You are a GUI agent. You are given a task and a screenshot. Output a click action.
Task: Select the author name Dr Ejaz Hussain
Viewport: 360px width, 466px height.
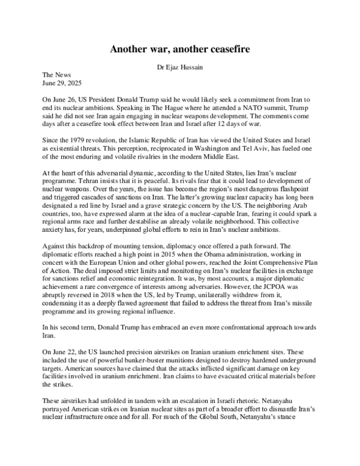[180, 68]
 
